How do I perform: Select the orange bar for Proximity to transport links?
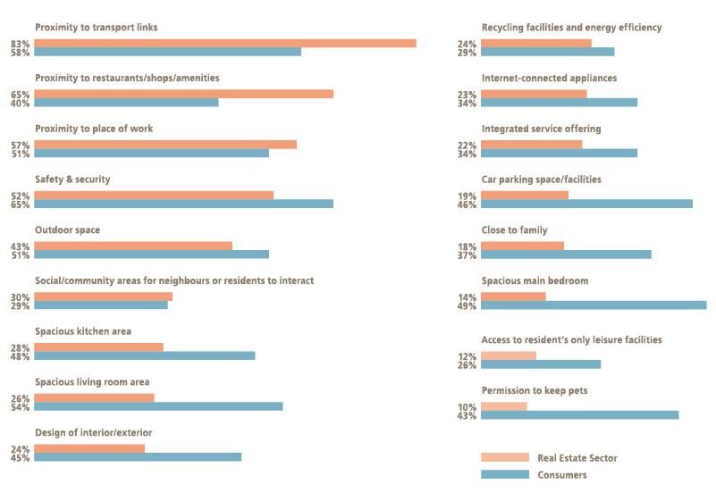[x=225, y=43]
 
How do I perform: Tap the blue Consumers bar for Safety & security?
[x=183, y=205]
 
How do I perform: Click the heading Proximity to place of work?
[x=94, y=129]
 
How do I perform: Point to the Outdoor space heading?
[x=68, y=230]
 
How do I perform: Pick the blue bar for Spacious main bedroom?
[x=594, y=305]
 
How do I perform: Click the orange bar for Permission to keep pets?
[x=504, y=406]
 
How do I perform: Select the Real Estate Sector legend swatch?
[x=504, y=458]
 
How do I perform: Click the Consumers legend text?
[x=562, y=475]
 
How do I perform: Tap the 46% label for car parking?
[x=467, y=205]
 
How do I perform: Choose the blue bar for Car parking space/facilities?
[x=586, y=205]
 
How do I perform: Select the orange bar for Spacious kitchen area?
[x=99, y=347]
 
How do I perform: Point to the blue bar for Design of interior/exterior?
[x=138, y=458]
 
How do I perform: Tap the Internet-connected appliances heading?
[x=549, y=79]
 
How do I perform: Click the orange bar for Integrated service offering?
[x=532, y=145]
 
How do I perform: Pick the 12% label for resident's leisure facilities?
[x=467, y=356]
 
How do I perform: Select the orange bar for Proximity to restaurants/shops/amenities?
[x=183, y=94]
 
